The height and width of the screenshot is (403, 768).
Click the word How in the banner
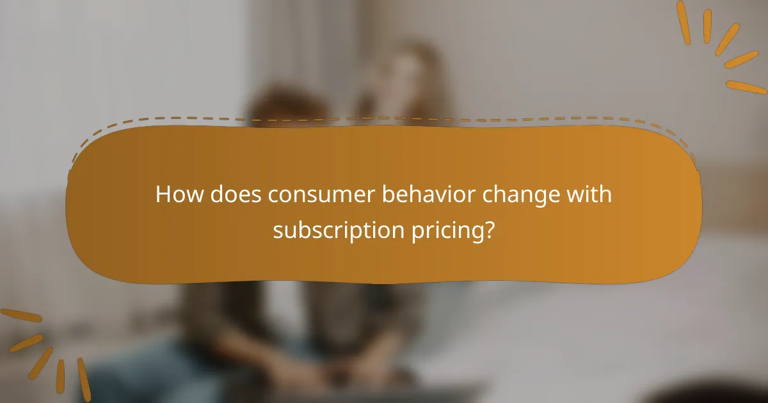click(x=177, y=194)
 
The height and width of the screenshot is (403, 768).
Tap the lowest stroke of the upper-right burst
click(x=746, y=87)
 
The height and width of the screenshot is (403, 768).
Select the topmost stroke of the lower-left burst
click(x=20, y=315)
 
